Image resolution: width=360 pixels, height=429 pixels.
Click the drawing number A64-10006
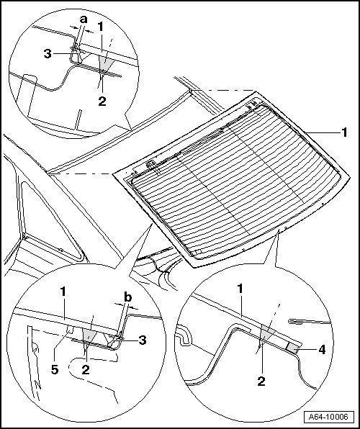328,417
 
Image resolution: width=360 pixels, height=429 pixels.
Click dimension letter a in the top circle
84,19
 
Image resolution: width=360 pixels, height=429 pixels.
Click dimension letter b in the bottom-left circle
128,297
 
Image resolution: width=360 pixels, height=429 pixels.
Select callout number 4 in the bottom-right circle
323,350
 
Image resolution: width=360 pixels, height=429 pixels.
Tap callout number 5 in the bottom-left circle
55,370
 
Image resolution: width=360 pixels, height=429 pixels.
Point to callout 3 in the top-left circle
48,54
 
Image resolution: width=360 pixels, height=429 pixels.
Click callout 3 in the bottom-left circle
143,340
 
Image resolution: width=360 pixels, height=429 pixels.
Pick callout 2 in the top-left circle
102,101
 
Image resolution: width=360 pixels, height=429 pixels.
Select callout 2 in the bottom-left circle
86,370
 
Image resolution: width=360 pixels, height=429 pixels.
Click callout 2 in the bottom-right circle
261,381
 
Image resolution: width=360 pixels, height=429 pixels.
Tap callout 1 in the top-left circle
101,27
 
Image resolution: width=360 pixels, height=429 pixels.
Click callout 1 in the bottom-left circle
63,292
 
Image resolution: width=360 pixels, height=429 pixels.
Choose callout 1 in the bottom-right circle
240,289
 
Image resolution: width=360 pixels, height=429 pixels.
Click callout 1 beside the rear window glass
344,132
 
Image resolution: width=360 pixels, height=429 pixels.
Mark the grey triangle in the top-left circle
105,63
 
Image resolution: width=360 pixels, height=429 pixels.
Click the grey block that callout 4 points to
293,348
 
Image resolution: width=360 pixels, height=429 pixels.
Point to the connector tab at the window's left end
151,166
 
